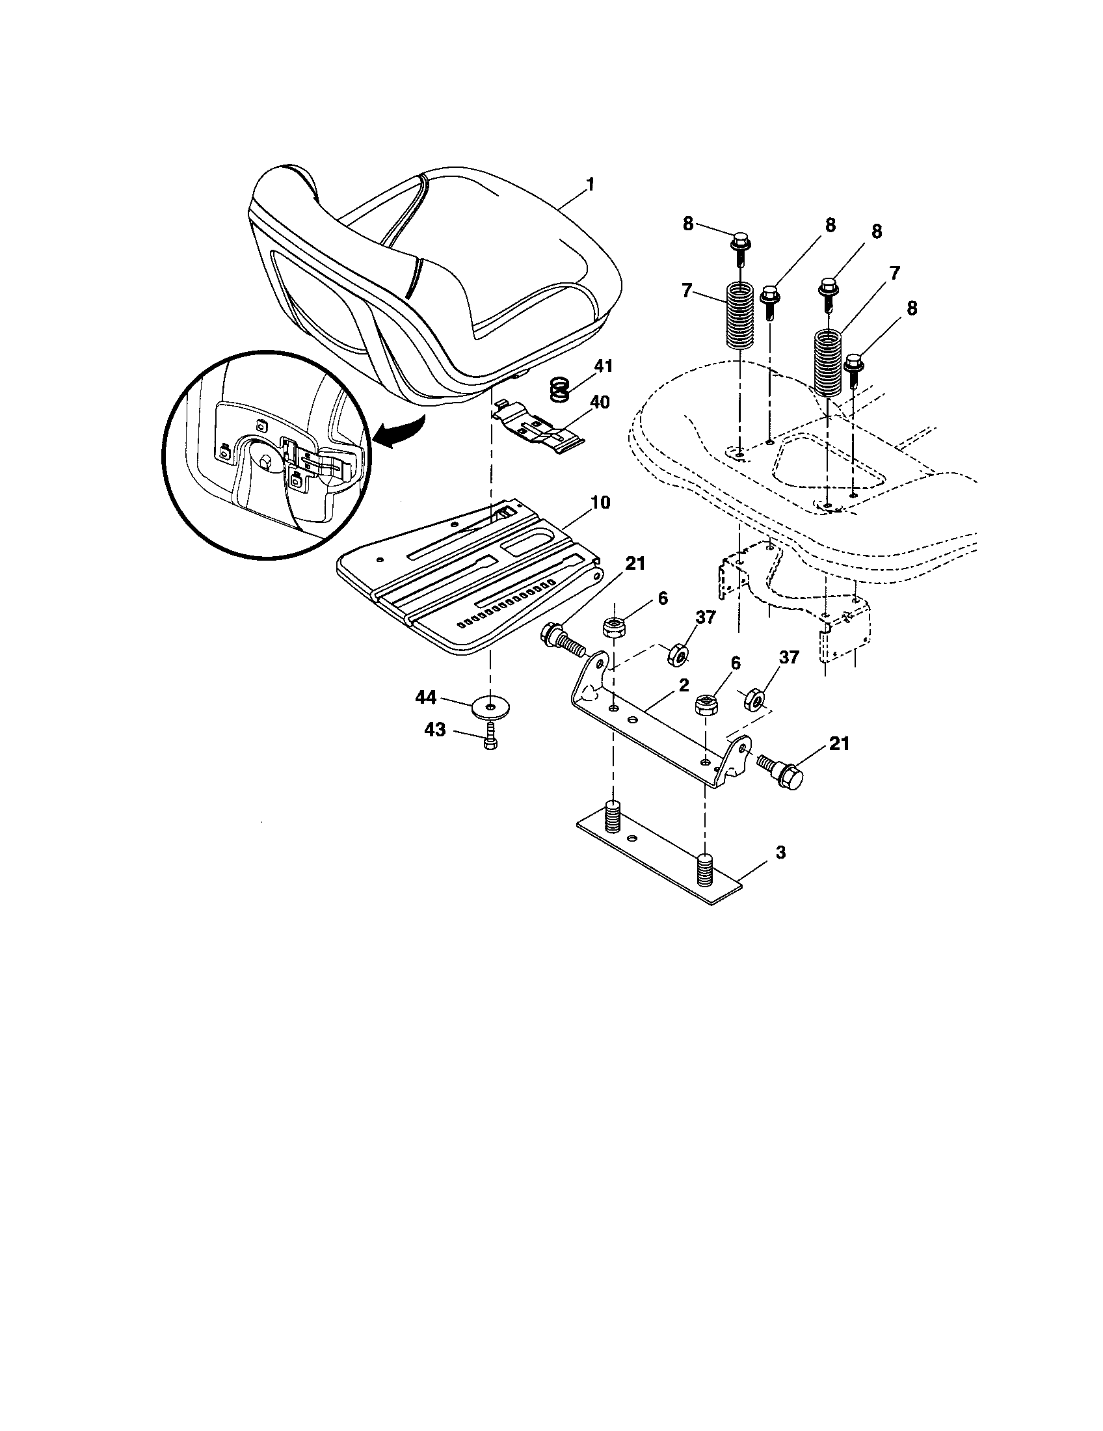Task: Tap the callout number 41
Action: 603,366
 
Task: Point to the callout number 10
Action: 600,503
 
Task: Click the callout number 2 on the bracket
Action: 683,686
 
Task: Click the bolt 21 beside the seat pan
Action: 563,637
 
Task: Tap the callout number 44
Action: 427,699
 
